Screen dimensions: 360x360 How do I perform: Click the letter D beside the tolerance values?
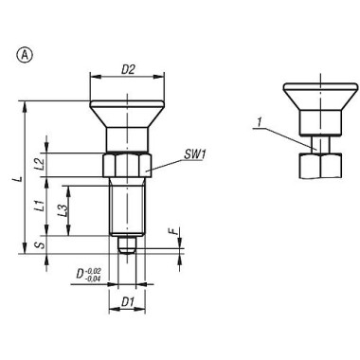tap(81, 277)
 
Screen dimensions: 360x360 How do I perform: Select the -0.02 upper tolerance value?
tap(95, 272)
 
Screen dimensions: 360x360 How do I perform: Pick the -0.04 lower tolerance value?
tap(95, 280)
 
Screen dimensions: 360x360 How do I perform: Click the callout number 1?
tap(259, 120)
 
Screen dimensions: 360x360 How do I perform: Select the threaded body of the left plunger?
tap(126, 210)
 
